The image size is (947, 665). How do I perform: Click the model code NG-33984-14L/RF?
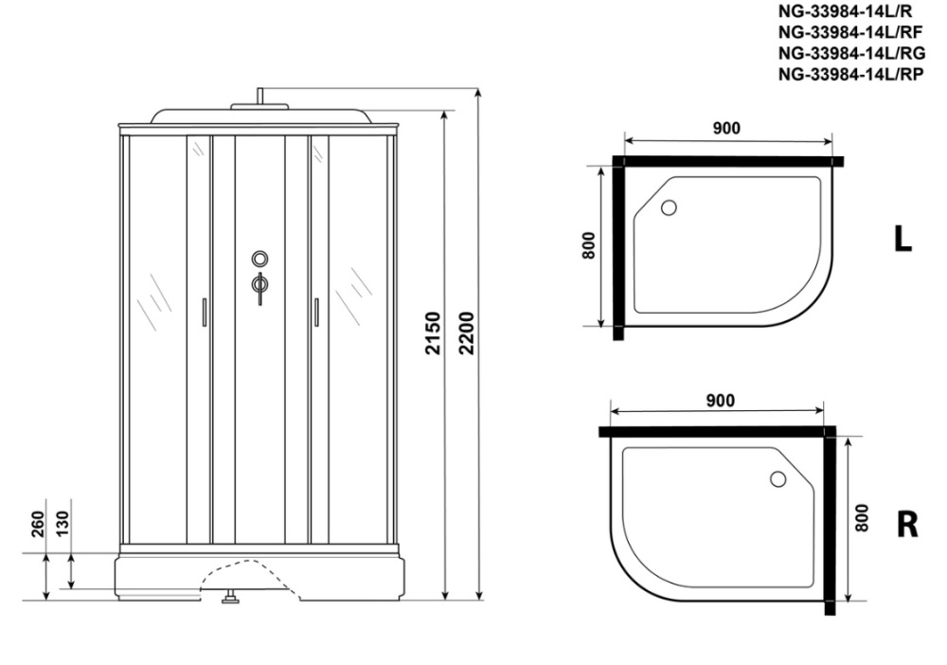[850, 32]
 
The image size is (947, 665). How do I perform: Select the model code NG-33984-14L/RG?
[851, 53]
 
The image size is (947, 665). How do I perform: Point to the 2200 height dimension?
[467, 332]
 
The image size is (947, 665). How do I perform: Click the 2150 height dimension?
[434, 332]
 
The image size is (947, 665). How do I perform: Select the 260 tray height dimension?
[38, 524]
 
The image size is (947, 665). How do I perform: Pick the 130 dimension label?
[63, 524]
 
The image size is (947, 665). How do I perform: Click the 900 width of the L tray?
[726, 128]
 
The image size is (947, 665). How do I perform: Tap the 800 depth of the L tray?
[589, 245]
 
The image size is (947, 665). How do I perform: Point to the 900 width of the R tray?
[720, 401]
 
